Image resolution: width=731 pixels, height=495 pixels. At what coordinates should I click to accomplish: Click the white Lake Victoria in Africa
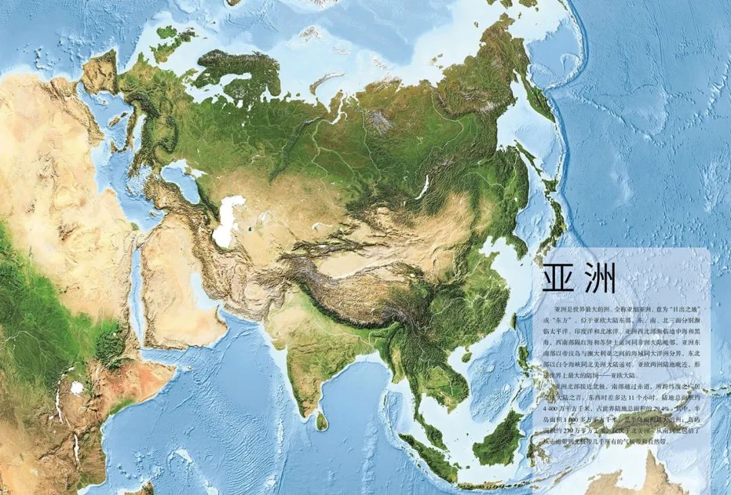(77, 388)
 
